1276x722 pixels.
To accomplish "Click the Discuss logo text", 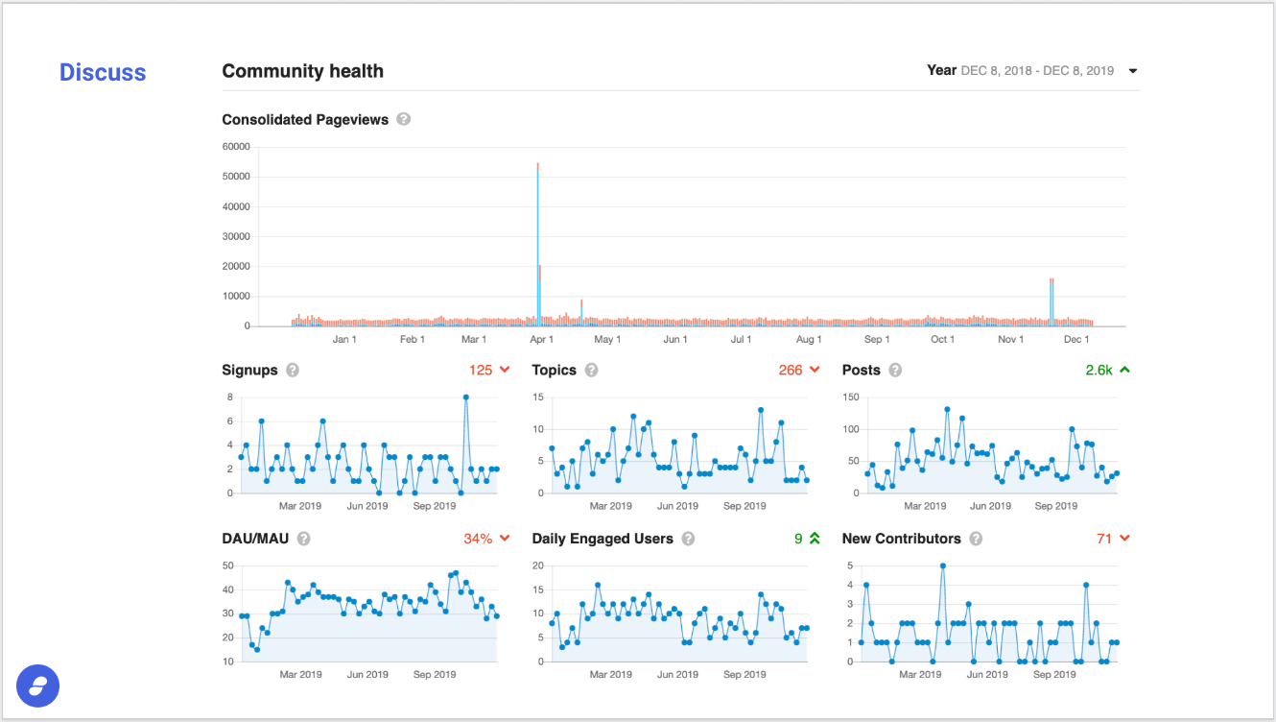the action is tap(103, 72).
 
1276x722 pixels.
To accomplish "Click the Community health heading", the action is tap(302, 71).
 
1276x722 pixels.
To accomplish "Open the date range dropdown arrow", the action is tap(1133, 71).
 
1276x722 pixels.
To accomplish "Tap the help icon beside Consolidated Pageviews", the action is tap(403, 119).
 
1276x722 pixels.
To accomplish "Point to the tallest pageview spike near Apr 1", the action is tap(537, 245).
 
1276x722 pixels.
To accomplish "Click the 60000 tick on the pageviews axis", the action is tap(236, 147).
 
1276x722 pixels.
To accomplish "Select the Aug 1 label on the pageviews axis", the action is tap(809, 339).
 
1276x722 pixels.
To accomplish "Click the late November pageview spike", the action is tap(1052, 302).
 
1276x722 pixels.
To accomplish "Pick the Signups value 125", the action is tap(481, 370).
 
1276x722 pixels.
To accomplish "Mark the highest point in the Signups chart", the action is tap(466, 397).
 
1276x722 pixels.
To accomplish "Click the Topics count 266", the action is tap(791, 370).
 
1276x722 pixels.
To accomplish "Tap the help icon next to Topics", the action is tap(591, 371).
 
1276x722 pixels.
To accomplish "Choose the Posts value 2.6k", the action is tap(1099, 370).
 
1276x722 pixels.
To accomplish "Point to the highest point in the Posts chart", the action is tap(947, 409).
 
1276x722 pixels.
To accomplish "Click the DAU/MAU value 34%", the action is tap(478, 539).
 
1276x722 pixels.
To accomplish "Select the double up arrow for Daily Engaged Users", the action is tap(815, 538).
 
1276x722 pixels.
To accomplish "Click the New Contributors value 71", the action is tap(1104, 539).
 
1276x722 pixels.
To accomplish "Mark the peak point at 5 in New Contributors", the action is tap(943, 566).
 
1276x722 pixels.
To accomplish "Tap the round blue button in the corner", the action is tap(37, 686).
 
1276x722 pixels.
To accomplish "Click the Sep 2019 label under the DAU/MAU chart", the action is tap(434, 674).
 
